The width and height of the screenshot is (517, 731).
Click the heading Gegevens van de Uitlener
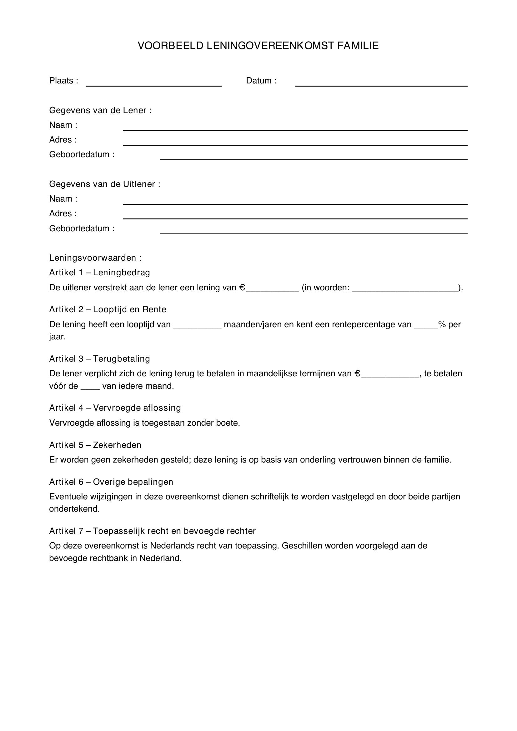[104, 184]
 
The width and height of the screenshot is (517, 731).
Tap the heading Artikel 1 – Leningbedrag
[99, 273]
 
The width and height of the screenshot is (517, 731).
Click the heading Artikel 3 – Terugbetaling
[99, 359]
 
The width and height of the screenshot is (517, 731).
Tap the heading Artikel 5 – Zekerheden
[95, 445]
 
